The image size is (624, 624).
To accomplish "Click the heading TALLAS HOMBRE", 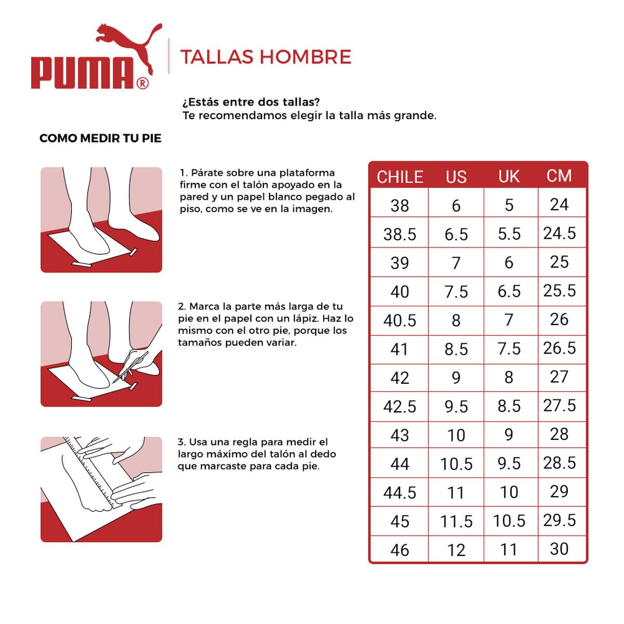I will pos(266,57).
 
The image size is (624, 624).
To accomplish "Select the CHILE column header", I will pos(399,177).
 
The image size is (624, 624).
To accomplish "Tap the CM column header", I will pos(559,176).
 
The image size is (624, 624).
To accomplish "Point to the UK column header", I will pos(509,177).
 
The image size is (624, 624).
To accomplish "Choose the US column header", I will pos(456,177).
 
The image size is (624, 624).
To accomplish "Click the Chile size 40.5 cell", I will pos(399,320).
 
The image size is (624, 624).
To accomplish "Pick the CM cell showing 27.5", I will pos(560,406).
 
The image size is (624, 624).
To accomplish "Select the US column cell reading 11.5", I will pos(456,521).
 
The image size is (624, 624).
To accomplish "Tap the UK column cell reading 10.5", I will pos(509,521).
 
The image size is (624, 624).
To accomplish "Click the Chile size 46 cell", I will pos(399,550).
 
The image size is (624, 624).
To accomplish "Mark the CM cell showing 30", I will pos(559,549).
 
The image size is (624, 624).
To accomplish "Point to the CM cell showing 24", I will pos(559,205).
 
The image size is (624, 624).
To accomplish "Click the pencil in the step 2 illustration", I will pos(130,367).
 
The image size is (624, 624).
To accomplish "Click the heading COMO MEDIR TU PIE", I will pos(100,138).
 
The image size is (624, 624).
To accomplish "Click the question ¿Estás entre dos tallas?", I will pos(251,102).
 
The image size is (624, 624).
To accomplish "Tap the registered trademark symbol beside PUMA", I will pos(142,83).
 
